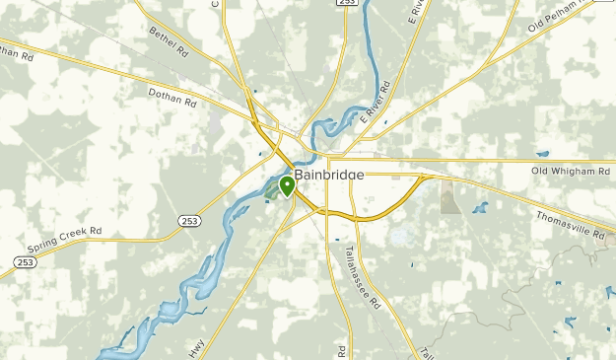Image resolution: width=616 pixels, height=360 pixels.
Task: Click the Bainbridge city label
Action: coord(329,175)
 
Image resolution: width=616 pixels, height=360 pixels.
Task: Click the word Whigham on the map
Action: coord(577,171)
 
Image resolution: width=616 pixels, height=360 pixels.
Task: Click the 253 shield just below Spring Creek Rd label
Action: coord(25,263)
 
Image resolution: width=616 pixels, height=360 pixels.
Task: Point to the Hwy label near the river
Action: coord(196,349)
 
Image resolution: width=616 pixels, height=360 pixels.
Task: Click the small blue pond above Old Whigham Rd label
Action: coord(542,154)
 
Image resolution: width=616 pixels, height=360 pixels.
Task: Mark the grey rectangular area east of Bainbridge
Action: coord(449,197)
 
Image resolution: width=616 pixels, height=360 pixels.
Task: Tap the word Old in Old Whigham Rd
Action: coord(540,171)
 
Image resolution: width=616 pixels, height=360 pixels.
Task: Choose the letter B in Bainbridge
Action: coord(298,175)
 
